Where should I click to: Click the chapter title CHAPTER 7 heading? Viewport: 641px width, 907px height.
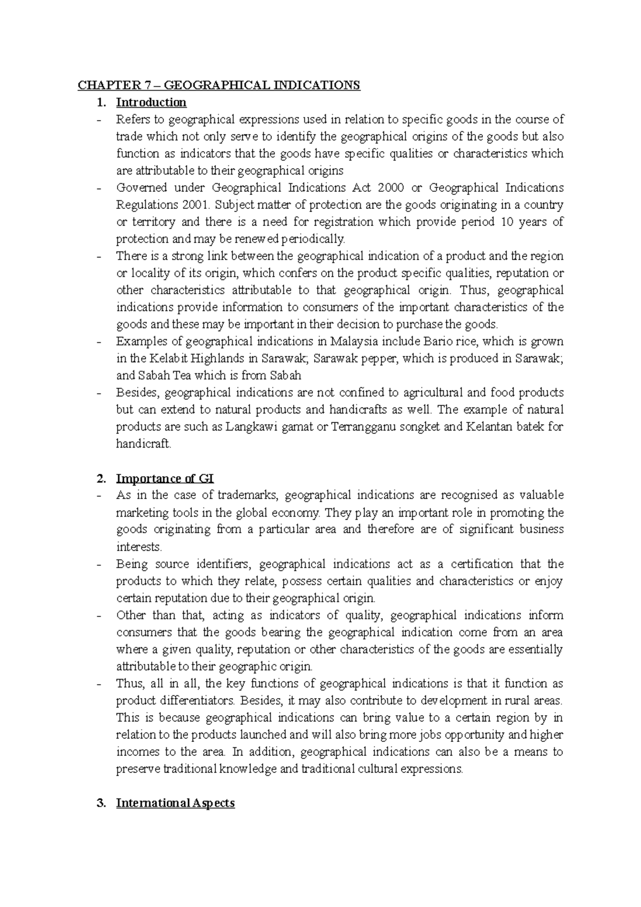[219, 85]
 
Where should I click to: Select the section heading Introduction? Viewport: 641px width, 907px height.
[151, 103]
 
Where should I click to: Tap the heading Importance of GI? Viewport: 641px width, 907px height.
[165, 479]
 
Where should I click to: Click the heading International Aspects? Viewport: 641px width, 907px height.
[175, 803]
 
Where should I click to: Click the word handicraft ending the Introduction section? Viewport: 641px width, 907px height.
[143, 444]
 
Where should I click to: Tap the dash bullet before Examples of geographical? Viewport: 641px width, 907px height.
[99, 342]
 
